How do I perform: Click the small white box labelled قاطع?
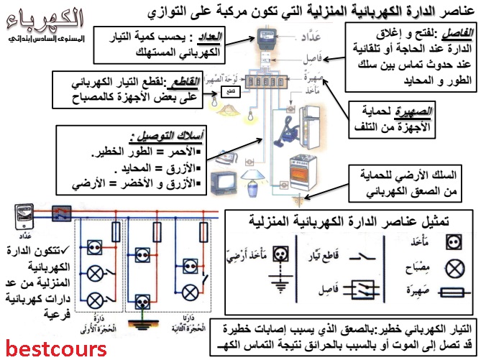[229, 92]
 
